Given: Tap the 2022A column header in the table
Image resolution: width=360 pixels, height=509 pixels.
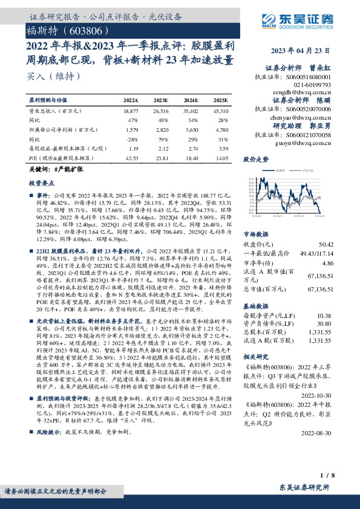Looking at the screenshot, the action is click(x=131, y=100).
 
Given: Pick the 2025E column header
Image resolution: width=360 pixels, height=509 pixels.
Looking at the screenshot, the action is click(x=221, y=100).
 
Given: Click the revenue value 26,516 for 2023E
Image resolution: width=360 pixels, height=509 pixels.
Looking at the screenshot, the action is click(x=161, y=112).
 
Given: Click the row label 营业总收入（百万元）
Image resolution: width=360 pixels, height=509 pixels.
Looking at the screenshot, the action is click(x=56, y=112).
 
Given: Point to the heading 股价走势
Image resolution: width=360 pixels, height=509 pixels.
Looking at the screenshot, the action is click(x=255, y=160).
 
